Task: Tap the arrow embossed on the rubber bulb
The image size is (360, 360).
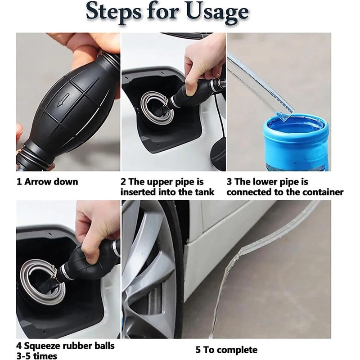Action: (63, 99)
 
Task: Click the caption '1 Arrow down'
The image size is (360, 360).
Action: (47, 182)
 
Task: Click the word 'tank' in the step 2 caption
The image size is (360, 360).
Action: (204, 192)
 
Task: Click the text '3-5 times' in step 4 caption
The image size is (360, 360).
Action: (37, 356)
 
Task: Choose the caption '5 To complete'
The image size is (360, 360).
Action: (226, 350)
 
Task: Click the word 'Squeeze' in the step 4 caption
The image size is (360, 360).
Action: (44, 346)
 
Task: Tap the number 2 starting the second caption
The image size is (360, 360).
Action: (123, 182)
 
